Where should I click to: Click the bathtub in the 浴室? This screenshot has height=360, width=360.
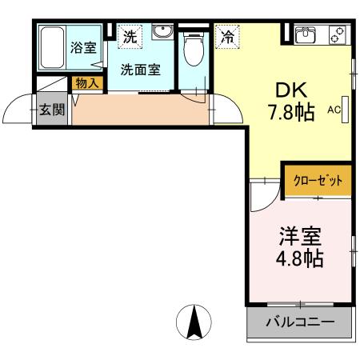[x=53, y=49]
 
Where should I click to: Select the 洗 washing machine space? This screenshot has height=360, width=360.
[x=129, y=35]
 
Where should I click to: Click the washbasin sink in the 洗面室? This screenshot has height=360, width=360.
[x=162, y=33]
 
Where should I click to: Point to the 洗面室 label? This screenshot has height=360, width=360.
[x=140, y=69]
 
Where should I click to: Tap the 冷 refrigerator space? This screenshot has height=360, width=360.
[x=227, y=36]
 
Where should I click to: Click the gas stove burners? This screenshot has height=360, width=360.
[x=337, y=34]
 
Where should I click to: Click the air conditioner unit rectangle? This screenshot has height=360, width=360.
[x=346, y=110]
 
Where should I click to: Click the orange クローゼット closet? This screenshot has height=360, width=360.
[x=318, y=181]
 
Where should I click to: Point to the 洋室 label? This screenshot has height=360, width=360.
[x=300, y=237]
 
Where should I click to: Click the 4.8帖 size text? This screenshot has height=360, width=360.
[x=300, y=260]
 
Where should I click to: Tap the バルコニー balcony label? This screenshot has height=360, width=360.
[x=298, y=325]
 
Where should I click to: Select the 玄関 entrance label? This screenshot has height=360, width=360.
[x=52, y=110]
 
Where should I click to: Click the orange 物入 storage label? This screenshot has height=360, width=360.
[x=86, y=82]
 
